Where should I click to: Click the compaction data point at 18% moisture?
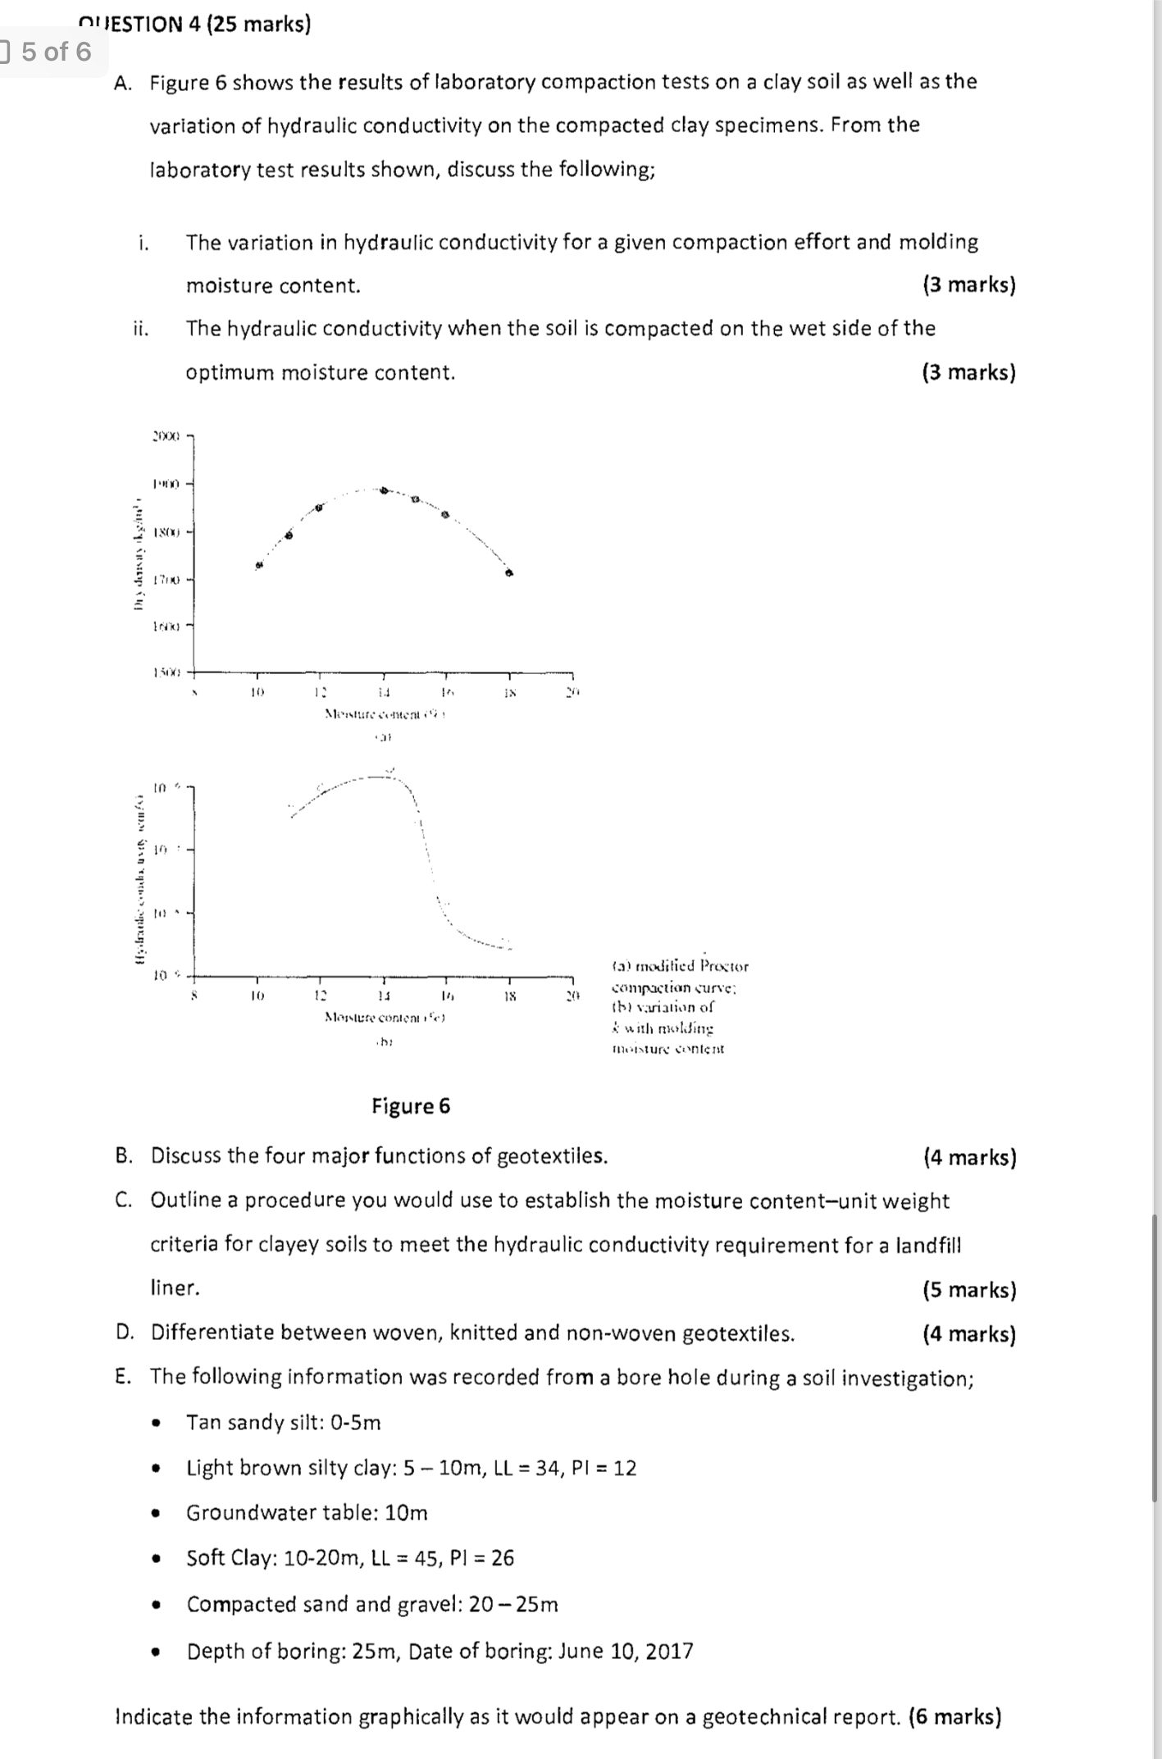click(509, 573)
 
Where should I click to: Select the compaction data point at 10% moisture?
click(259, 565)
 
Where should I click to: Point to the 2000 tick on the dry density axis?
click(166, 435)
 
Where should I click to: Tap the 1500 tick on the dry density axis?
click(166, 672)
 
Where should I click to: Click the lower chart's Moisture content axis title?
click(385, 1018)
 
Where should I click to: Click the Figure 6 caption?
click(411, 1106)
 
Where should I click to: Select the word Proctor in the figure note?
click(724, 966)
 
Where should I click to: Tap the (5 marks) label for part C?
click(969, 1290)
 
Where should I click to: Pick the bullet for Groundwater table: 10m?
click(156, 1513)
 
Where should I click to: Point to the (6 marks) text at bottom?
click(955, 1717)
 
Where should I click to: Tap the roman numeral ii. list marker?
click(141, 329)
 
